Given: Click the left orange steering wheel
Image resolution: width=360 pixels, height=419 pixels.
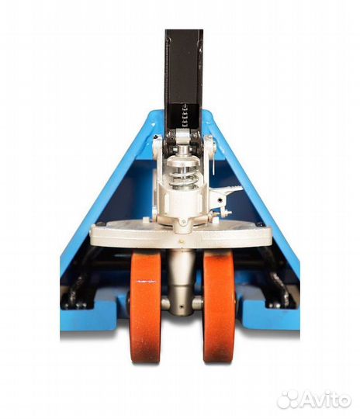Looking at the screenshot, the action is (x=146, y=307).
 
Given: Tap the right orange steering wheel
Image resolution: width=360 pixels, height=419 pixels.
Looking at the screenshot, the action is (x=219, y=307).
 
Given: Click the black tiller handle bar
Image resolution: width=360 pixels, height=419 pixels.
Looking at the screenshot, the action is (x=184, y=79).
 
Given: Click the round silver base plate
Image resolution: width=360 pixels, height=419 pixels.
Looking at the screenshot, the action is (x=181, y=234).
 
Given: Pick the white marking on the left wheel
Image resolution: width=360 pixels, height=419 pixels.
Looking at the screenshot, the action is (x=146, y=282).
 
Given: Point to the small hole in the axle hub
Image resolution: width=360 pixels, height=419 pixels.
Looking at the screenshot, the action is (x=182, y=306).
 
